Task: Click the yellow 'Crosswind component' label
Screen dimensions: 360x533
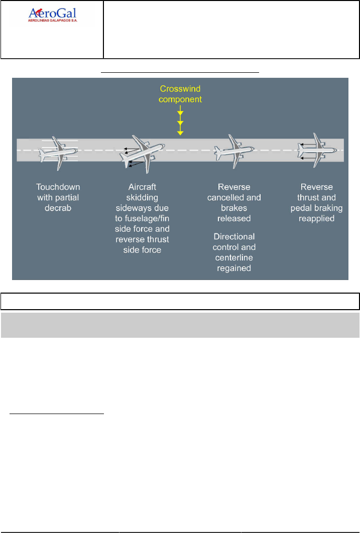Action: (180, 94)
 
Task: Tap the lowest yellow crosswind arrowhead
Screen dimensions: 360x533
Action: (180, 132)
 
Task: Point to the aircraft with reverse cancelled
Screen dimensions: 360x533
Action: (232, 150)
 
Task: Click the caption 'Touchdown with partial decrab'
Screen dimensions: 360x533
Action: (58, 196)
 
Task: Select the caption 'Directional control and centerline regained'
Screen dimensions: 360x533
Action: (234, 252)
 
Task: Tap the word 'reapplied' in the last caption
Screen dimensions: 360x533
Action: (314, 219)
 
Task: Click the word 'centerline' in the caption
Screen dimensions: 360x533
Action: (234, 257)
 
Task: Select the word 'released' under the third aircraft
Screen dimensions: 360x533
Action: (234, 219)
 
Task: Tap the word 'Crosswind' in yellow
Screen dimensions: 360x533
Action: (180, 89)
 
